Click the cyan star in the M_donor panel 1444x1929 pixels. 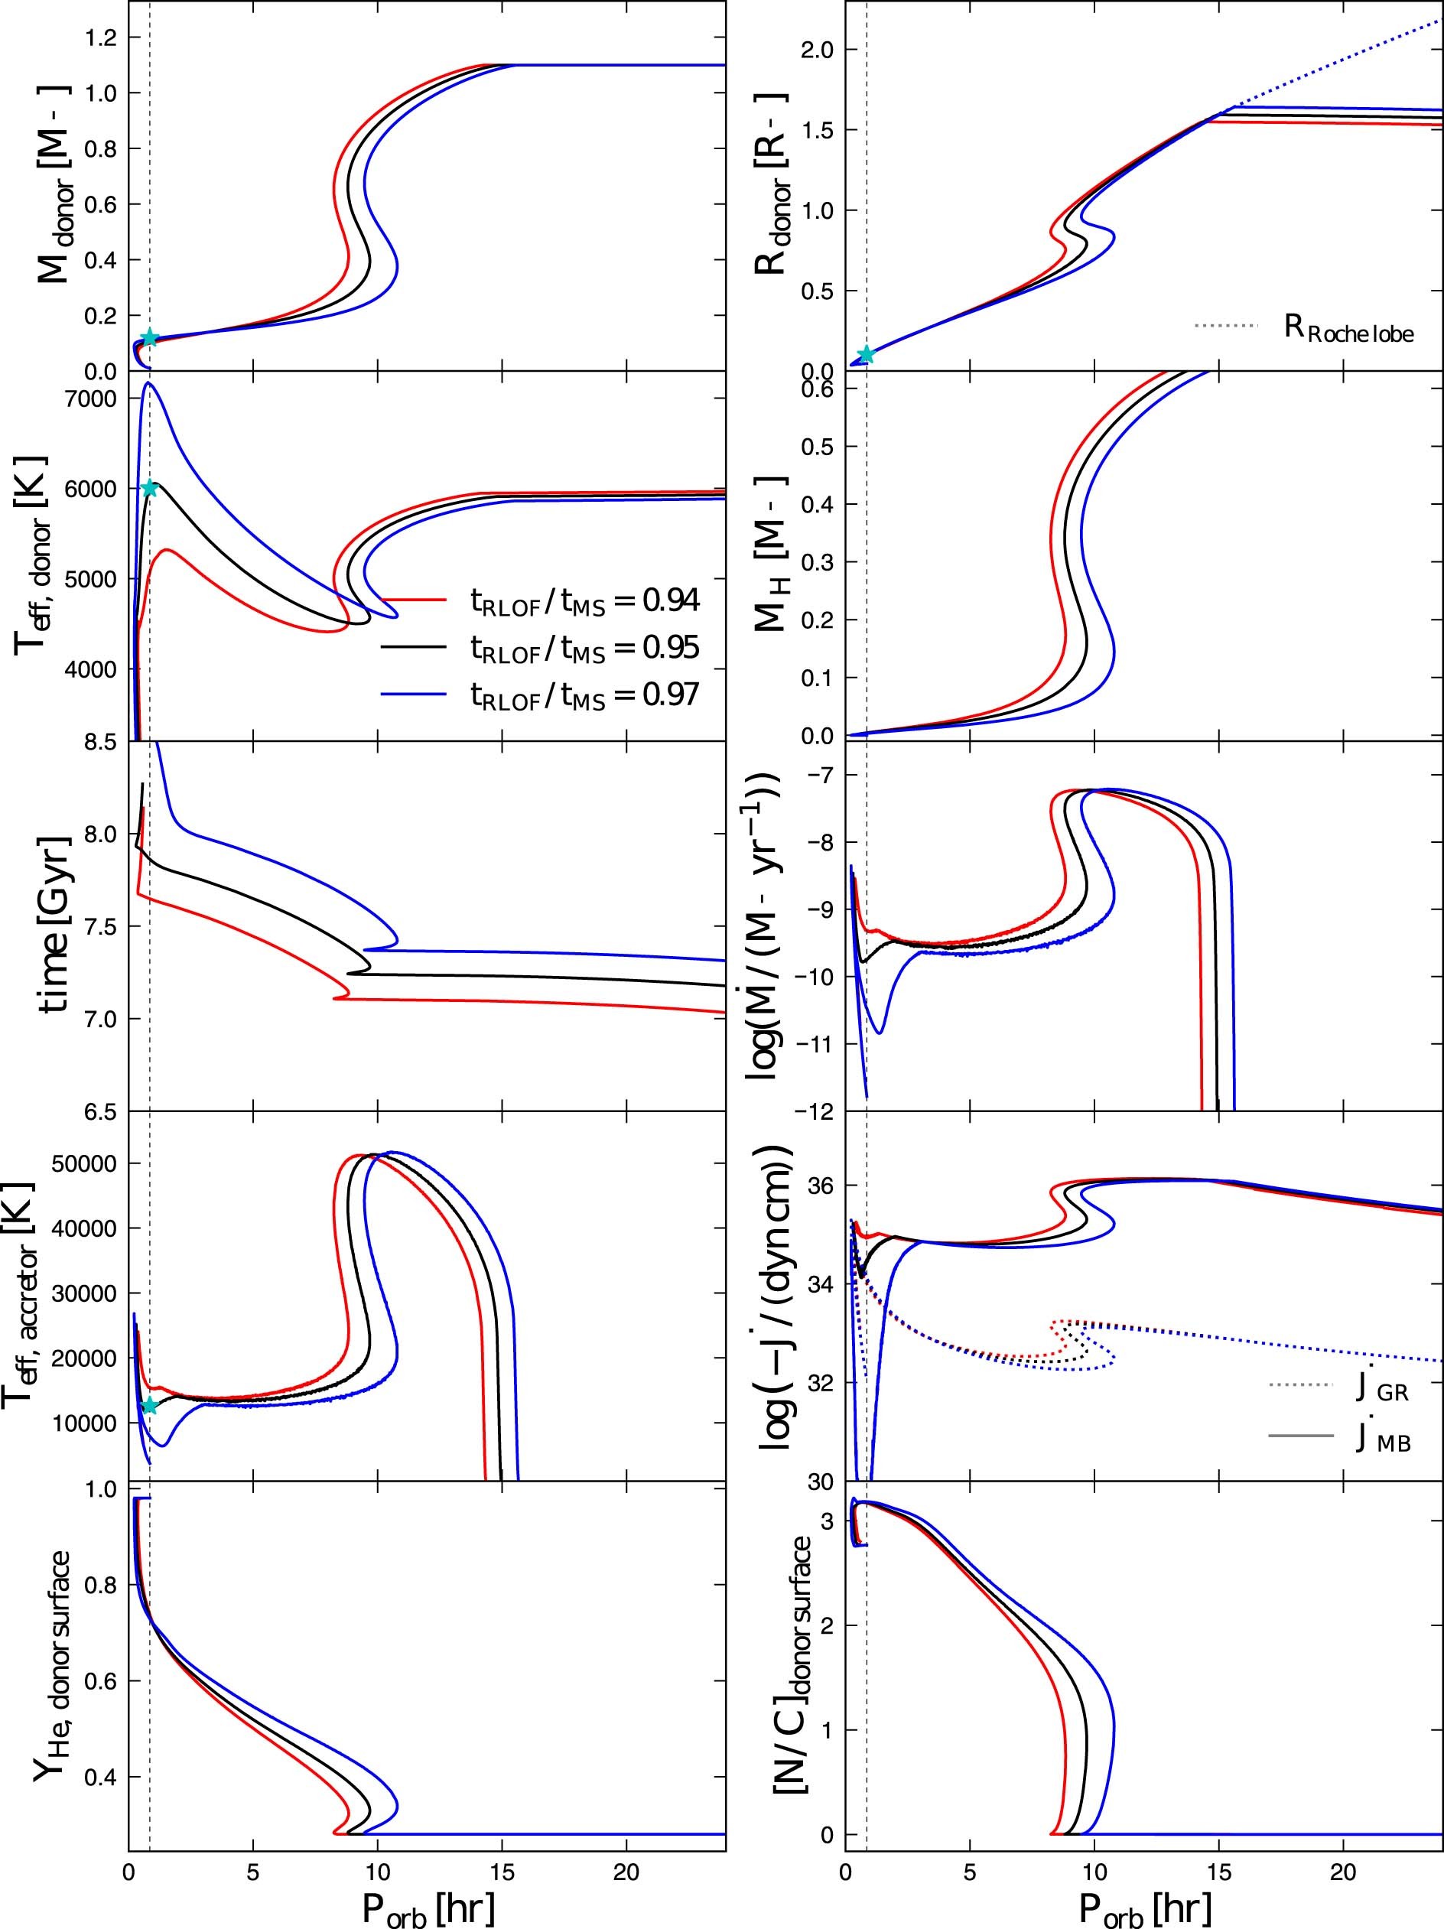pyautogui.click(x=149, y=337)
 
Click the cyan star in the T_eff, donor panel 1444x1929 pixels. pyautogui.click(x=149, y=487)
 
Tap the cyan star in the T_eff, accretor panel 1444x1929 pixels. pyautogui.click(x=149, y=1405)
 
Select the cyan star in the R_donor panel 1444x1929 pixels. pyautogui.click(x=865, y=354)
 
